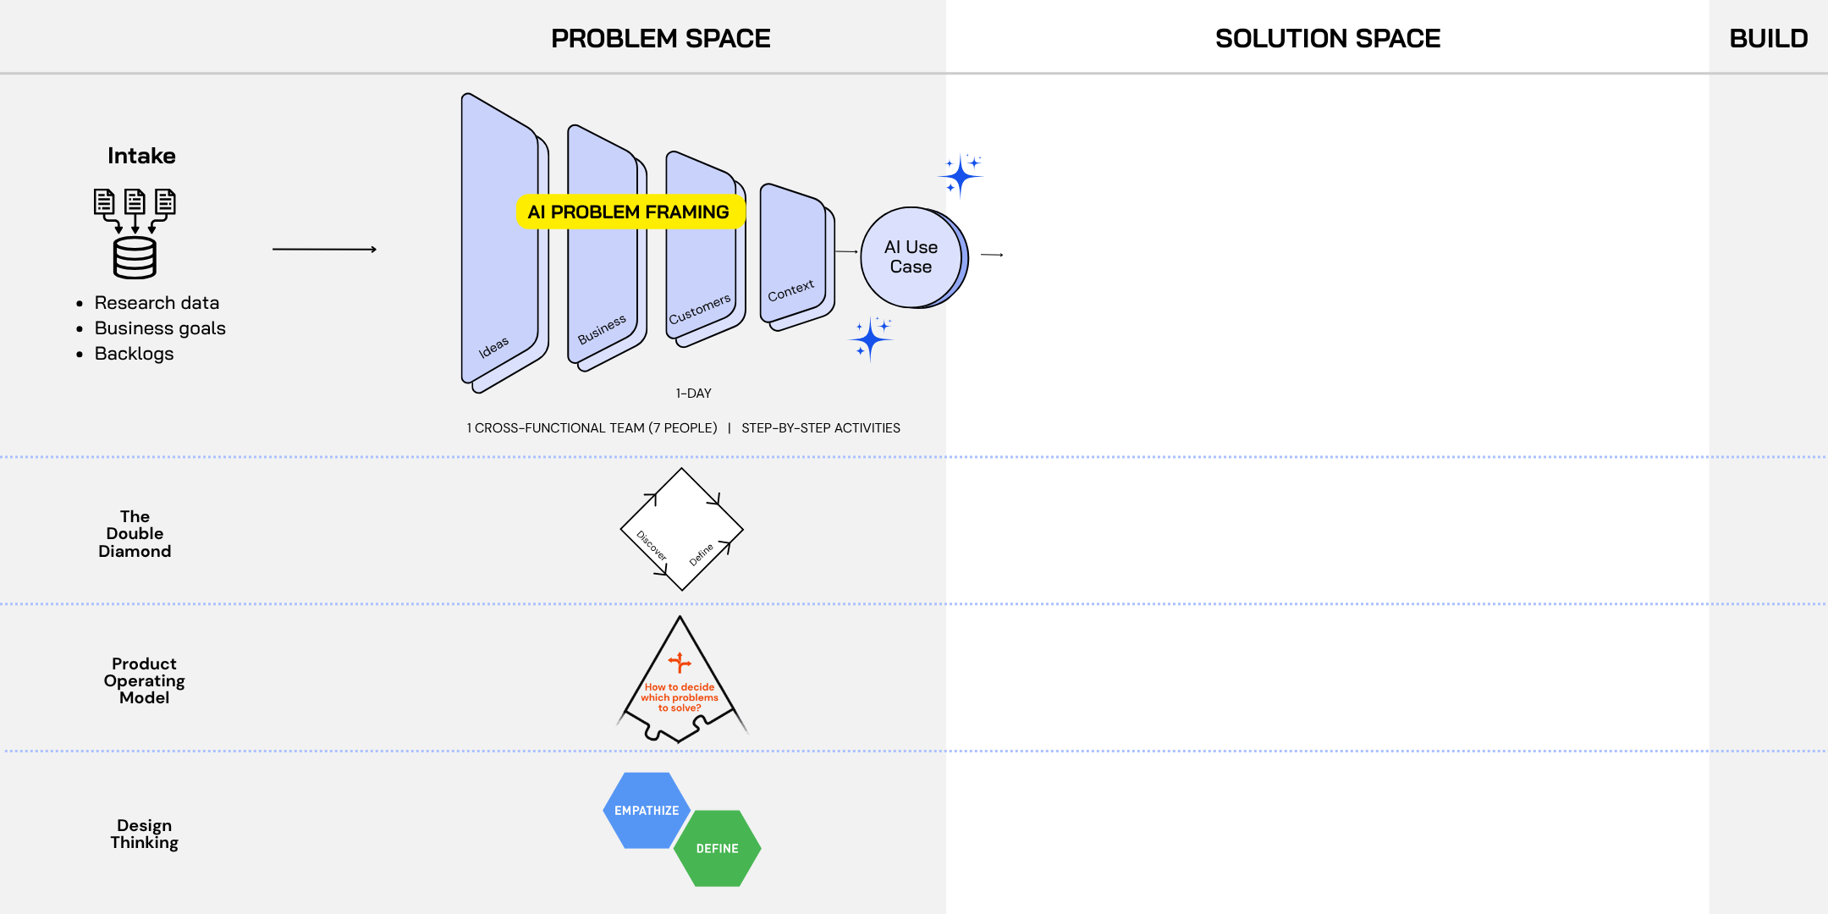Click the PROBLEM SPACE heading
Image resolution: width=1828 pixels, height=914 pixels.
tap(660, 38)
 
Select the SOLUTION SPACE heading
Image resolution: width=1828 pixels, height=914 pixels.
tap(1327, 38)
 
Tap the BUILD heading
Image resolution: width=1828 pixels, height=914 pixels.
tap(1768, 38)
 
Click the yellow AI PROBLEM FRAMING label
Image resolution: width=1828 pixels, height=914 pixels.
tap(628, 212)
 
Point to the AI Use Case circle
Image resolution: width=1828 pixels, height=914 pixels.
tap(911, 256)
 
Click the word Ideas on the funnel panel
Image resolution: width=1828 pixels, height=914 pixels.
tap(493, 347)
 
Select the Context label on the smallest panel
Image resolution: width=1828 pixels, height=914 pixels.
tap(790, 290)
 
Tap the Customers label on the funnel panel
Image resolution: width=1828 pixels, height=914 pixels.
tap(699, 310)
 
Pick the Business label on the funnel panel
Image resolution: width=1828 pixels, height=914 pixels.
tap(602, 329)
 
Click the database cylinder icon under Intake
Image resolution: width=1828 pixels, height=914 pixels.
tap(135, 257)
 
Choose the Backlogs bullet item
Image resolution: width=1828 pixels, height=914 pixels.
tap(134, 354)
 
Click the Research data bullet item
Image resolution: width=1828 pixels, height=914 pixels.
tap(157, 303)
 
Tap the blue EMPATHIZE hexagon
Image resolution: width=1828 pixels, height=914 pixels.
tap(646, 810)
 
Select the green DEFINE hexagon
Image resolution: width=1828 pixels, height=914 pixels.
tap(717, 848)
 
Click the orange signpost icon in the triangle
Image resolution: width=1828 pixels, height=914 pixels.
tap(680, 662)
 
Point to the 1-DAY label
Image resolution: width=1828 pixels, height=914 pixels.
tap(693, 394)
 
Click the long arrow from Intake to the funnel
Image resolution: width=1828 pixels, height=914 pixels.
tap(324, 250)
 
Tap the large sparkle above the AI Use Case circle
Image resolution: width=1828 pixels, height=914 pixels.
tap(961, 176)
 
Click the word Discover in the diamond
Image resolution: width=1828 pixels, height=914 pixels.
tap(652, 546)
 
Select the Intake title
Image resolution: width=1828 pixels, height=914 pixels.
tap(141, 156)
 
